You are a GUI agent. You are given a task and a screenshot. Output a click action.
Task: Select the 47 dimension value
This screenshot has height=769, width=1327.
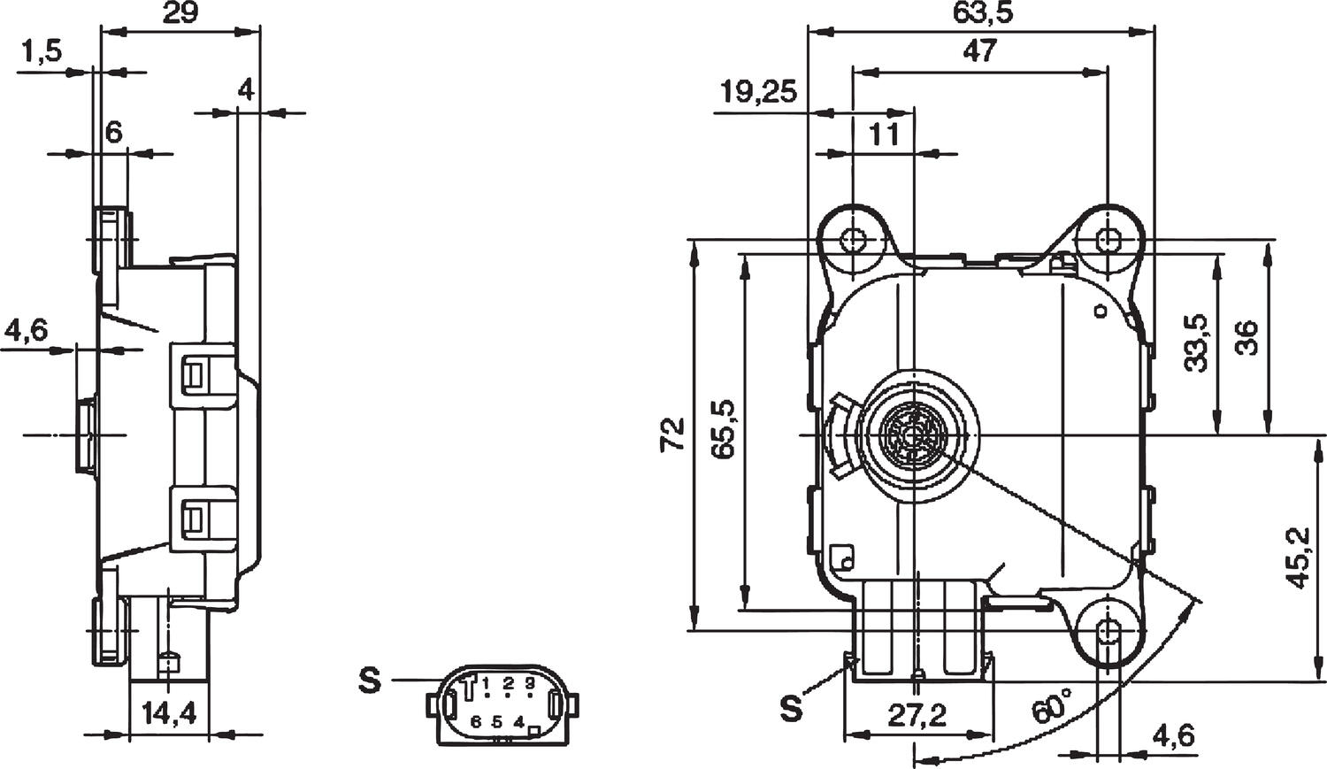pyautogui.click(x=979, y=51)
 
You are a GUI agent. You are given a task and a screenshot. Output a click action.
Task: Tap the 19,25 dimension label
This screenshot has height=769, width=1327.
pyautogui.click(x=758, y=91)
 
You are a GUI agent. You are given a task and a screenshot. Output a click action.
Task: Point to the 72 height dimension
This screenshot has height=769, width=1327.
pyautogui.click(x=673, y=434)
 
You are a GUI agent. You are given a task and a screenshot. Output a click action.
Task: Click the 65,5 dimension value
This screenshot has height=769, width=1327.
pyautogui.click(x=725, y=428)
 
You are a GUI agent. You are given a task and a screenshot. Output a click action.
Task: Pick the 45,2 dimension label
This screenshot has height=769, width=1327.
pyautogui.click(x=1298, y=558)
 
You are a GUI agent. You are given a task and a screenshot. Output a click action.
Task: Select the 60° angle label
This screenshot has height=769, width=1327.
pyautogui.click(x=1049, y=709)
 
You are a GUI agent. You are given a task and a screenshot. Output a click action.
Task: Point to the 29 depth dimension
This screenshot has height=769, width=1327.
pyautogui.click(x=180, y=12)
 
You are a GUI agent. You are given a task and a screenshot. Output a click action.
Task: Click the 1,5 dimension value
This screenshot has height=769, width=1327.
pyautogui.click(x=42, y=52)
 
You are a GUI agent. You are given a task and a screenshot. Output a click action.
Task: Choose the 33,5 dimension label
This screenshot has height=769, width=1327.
pyautogui.click(x=1196, y=342)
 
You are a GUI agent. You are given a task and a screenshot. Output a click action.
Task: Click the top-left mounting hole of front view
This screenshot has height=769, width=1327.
pyautogui.click(x=854, y=239)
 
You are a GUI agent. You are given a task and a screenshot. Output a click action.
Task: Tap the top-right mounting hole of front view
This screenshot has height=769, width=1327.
pyautogui.click(x=1108, y=239)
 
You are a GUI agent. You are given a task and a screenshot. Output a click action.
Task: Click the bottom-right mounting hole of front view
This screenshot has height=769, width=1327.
pyautogui.click(x=1108, y=631)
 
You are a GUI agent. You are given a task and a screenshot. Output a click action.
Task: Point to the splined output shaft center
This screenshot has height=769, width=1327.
pyautogui.click(x=913, y=434)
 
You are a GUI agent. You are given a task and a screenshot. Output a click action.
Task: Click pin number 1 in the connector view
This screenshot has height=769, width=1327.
pyautogui.click(x=487, y=683)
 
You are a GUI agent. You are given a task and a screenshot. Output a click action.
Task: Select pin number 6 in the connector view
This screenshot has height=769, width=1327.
pyautogui.click(x=476, y=722)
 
